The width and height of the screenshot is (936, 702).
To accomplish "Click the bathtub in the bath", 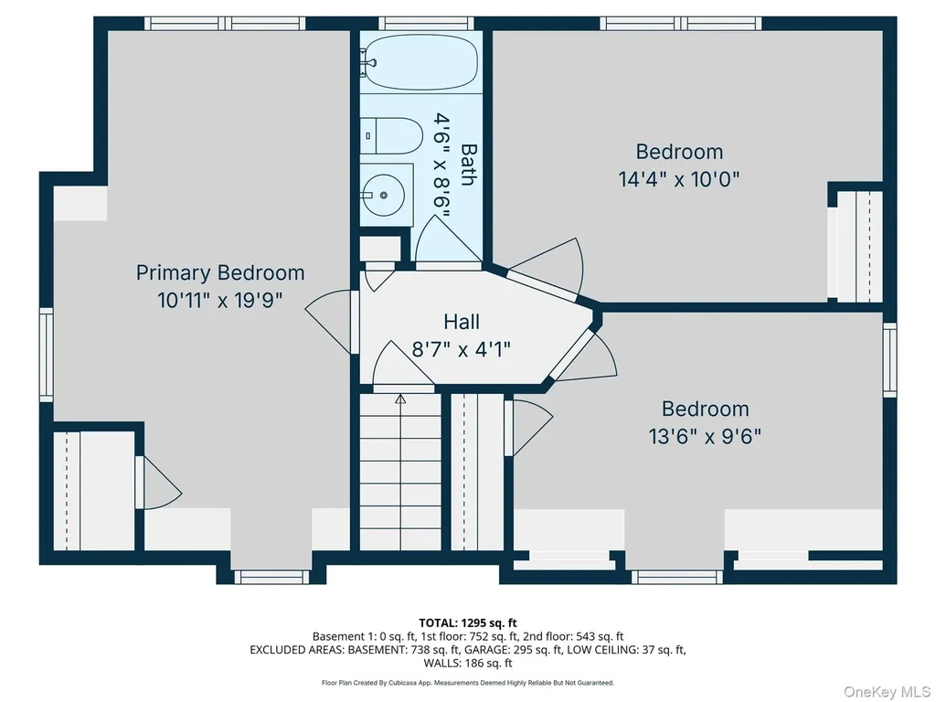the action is coord(420,61).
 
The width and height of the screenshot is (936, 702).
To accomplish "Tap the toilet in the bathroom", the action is coord(391,135).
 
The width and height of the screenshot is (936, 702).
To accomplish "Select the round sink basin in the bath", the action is coord(383,195).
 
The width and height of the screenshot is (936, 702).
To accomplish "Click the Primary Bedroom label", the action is coord(220,272).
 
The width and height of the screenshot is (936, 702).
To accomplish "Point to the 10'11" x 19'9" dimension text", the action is coord(219,300).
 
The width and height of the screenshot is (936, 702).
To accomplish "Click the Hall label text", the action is coord(462,322).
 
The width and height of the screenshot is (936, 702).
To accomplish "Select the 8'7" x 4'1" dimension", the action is coord(462,348).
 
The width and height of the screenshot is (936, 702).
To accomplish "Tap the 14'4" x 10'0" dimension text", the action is coord(679,179).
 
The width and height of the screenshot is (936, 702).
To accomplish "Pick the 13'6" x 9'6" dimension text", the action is coord(705,436).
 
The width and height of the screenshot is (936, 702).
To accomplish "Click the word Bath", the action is coord(469,165).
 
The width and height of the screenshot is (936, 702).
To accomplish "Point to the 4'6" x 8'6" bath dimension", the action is coord(441,165).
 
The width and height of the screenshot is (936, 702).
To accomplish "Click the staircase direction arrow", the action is coord(400,399).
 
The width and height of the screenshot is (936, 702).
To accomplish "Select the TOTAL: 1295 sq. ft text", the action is coord(468,623).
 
